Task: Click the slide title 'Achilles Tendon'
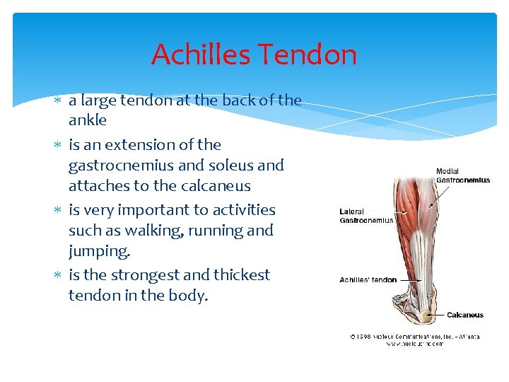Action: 254,54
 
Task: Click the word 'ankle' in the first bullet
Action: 88,120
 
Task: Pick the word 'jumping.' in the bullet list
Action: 100,250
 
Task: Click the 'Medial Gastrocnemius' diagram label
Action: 462,175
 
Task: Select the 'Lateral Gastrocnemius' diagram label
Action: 366,216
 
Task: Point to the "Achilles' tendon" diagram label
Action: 368,279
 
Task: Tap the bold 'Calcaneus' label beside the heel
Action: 464,315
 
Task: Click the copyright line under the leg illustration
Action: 415,336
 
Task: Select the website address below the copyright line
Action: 415,344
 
